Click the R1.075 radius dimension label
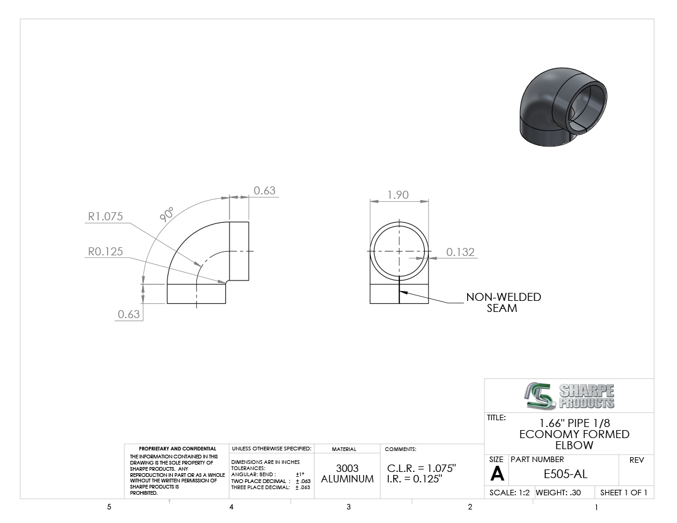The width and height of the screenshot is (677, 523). pos(105,216)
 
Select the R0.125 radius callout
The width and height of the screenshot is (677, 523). pos(105,251)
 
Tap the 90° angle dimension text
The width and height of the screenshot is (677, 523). pos(167,215)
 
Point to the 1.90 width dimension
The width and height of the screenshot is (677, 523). pos(398,195)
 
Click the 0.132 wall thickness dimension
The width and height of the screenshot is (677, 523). pos(460,252)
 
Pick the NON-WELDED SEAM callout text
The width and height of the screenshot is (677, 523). pos(503,303)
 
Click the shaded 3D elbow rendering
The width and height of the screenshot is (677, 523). pos(563,106)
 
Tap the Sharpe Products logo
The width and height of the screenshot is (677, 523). pos(569,396)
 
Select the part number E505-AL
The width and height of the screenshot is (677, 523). pos(565,474)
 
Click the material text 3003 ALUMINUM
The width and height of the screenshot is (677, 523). pos(347,473)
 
